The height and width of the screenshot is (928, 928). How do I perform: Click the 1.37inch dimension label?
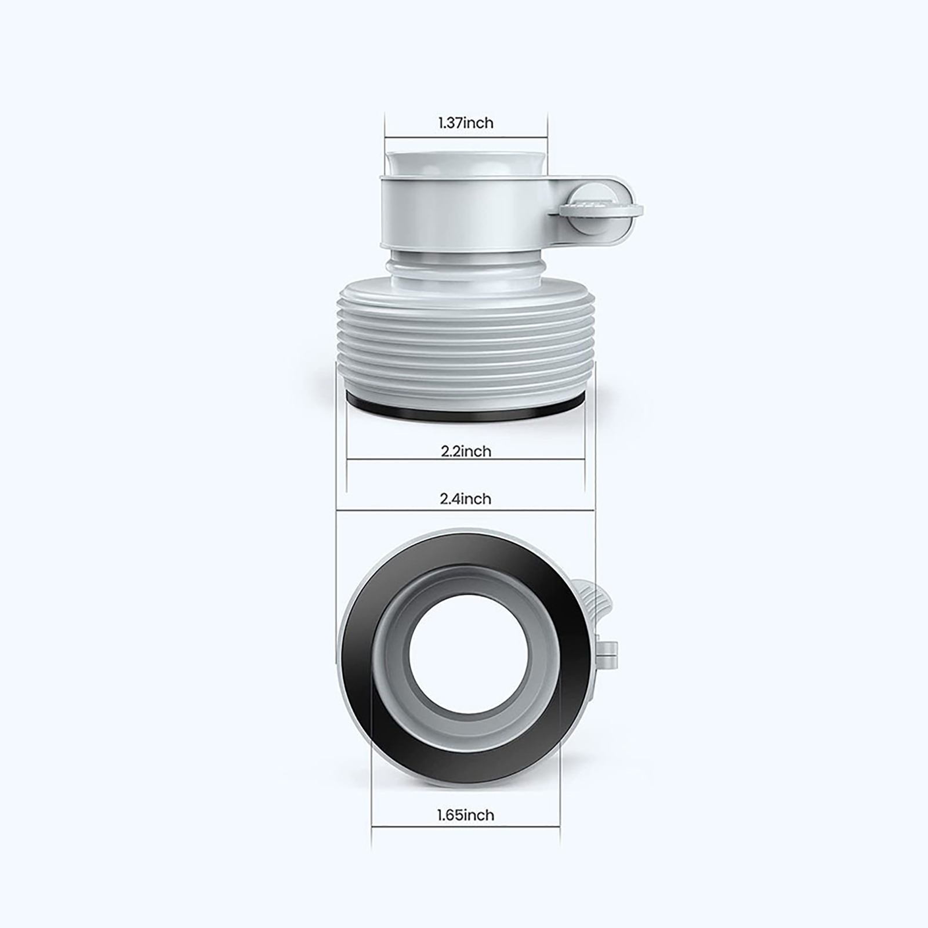click(466, 123)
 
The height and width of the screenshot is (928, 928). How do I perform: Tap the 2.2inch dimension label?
click(466, 451)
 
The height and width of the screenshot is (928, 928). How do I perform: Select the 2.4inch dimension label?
click(465, 499)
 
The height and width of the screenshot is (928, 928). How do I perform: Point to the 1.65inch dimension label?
click(466, 815)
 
